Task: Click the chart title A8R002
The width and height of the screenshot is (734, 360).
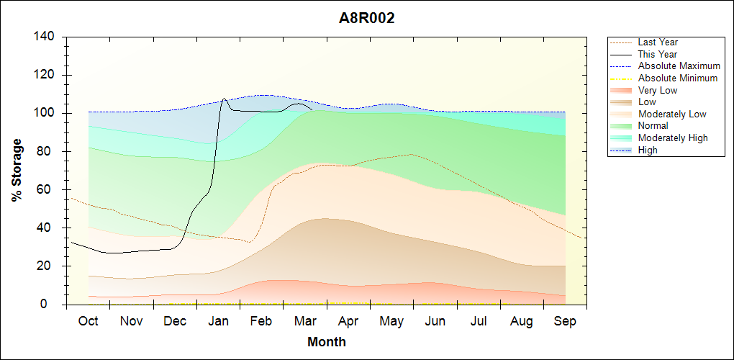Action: [367, 19]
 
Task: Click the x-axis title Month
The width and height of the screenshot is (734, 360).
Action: [327, 342]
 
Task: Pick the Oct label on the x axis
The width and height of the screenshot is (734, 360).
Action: [88, 322]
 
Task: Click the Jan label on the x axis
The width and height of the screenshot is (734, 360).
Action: [218, 322]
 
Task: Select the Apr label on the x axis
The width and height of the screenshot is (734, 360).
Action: [348, 322]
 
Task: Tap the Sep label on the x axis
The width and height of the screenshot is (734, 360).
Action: [565, 322]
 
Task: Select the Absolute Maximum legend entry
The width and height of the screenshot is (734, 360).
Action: [679, 66]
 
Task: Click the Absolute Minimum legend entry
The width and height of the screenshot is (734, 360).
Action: [678, 78]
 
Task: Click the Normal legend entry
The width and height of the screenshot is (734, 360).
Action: [653, 126]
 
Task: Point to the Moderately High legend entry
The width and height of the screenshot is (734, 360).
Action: [673, 138]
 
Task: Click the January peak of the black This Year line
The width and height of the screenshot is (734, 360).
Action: [224, 99]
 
